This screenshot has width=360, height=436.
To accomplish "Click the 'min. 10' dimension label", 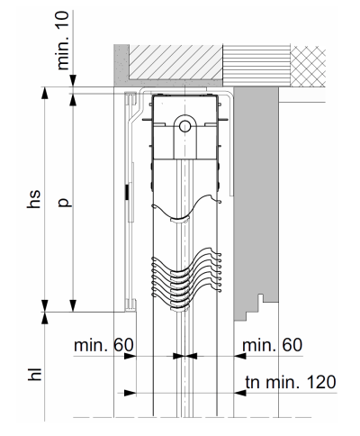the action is [63, 41].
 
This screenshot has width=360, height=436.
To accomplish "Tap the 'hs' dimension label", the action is [33, 198].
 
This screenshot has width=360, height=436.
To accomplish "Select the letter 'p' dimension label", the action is [65, 203].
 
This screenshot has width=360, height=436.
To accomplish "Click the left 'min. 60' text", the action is [103, 345].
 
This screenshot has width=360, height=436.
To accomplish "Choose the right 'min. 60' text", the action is [272, 345].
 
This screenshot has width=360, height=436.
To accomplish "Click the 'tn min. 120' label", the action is [291, 382].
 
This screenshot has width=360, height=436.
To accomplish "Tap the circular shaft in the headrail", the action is [184, 126].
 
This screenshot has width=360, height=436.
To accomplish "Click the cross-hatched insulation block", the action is [308, 66].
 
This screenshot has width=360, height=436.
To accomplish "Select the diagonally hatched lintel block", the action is [175, 62].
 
